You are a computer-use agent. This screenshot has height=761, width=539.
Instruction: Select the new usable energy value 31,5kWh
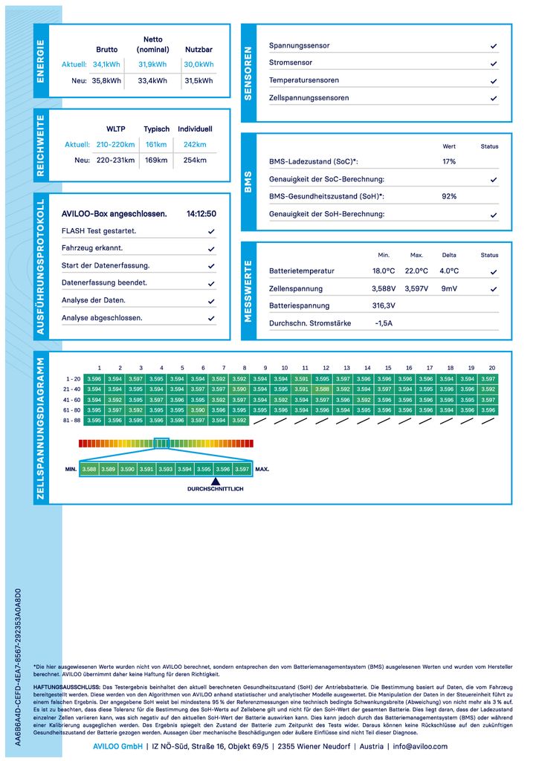click(199, 81)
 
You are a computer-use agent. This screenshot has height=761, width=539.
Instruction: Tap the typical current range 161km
click(156, 145)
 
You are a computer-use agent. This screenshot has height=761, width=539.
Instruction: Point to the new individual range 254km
click(195, 161)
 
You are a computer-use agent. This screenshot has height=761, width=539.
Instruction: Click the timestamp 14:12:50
click(201, 214)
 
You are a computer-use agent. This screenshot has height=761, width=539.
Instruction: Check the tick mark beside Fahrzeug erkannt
click(212, 249)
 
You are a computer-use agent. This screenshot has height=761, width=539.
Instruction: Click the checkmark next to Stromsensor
click(494, 63)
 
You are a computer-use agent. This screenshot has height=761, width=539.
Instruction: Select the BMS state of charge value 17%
click(449, 161)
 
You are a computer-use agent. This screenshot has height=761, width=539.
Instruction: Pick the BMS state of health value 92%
click(449, 196)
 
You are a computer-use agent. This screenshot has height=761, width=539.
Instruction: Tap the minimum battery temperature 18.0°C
click(384, 271)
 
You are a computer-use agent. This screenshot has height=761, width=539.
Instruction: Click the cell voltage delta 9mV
click(449, 288)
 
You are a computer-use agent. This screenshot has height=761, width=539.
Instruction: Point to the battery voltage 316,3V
click(384, 305)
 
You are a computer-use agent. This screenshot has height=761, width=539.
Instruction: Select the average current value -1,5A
click(384, 323)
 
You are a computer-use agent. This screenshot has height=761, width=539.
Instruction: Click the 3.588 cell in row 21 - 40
click(322, 389)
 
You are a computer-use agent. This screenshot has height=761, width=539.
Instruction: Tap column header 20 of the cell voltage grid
click(491, 368)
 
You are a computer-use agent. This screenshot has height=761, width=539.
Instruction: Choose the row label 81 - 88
click(73, 420)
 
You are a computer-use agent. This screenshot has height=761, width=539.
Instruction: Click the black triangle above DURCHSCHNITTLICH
click(215, 482)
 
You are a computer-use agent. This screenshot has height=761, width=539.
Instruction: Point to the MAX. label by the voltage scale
click(262, 470)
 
